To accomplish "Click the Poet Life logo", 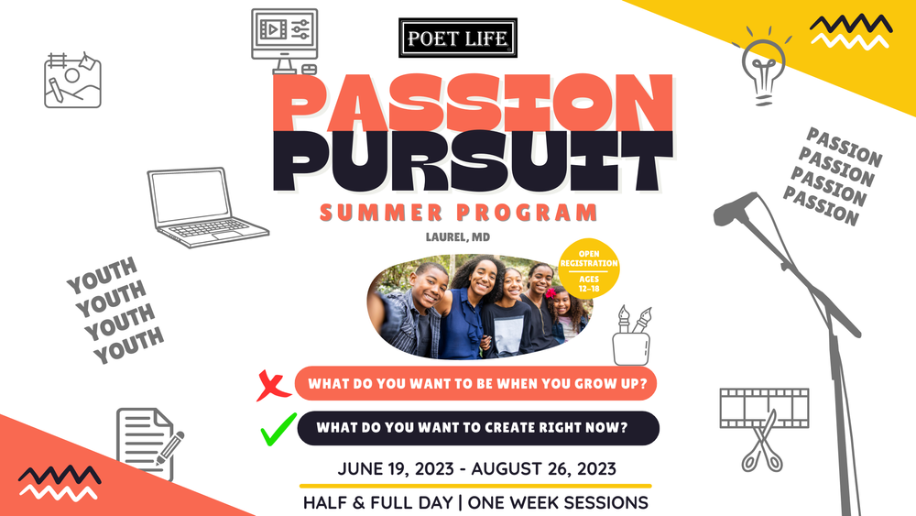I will (x=459, y=37).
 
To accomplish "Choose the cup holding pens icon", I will (x=632, y=340).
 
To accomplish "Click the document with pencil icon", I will (x=147, y=443).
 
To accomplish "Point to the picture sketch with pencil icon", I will (x=72, y=80).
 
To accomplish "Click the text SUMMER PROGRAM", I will (x=458, y=214).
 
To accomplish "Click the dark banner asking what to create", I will (x=476, y=427).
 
